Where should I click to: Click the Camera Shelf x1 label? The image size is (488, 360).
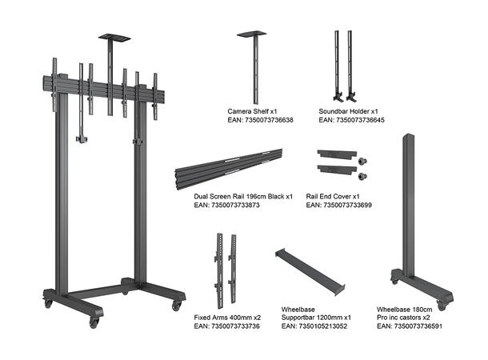(x=252, y=110)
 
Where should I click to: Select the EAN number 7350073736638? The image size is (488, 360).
(x=260, y=120)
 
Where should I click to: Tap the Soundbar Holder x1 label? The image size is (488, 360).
(x=348, y=110)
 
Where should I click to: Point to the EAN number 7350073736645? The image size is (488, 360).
(x=351, y=120)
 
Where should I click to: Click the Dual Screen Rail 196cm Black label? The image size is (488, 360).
(x=243, y=196)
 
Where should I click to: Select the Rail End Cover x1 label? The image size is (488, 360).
(x=333, y=196)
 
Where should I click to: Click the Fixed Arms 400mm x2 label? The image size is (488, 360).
(x=226, y=318)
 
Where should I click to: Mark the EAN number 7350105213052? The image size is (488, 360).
(x=314, y=326)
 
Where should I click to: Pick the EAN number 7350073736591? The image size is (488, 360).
(x=409, y=326)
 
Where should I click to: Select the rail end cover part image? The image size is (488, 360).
(x=338, y=162)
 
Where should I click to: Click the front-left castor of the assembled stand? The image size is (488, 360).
(x=94, y=321)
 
